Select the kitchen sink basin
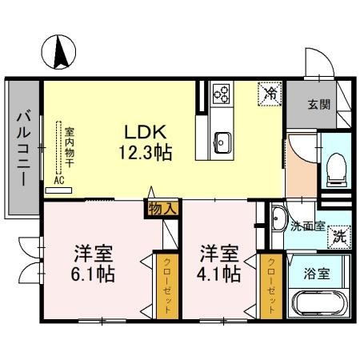pos(222,145)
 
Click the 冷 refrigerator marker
pos(270,93)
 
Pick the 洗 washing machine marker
pos(339,236)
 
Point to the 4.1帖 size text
pos(219,274)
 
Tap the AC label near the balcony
pos(59,181)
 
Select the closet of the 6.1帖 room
pos(168,286)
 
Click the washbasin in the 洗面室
pos(278,218)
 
